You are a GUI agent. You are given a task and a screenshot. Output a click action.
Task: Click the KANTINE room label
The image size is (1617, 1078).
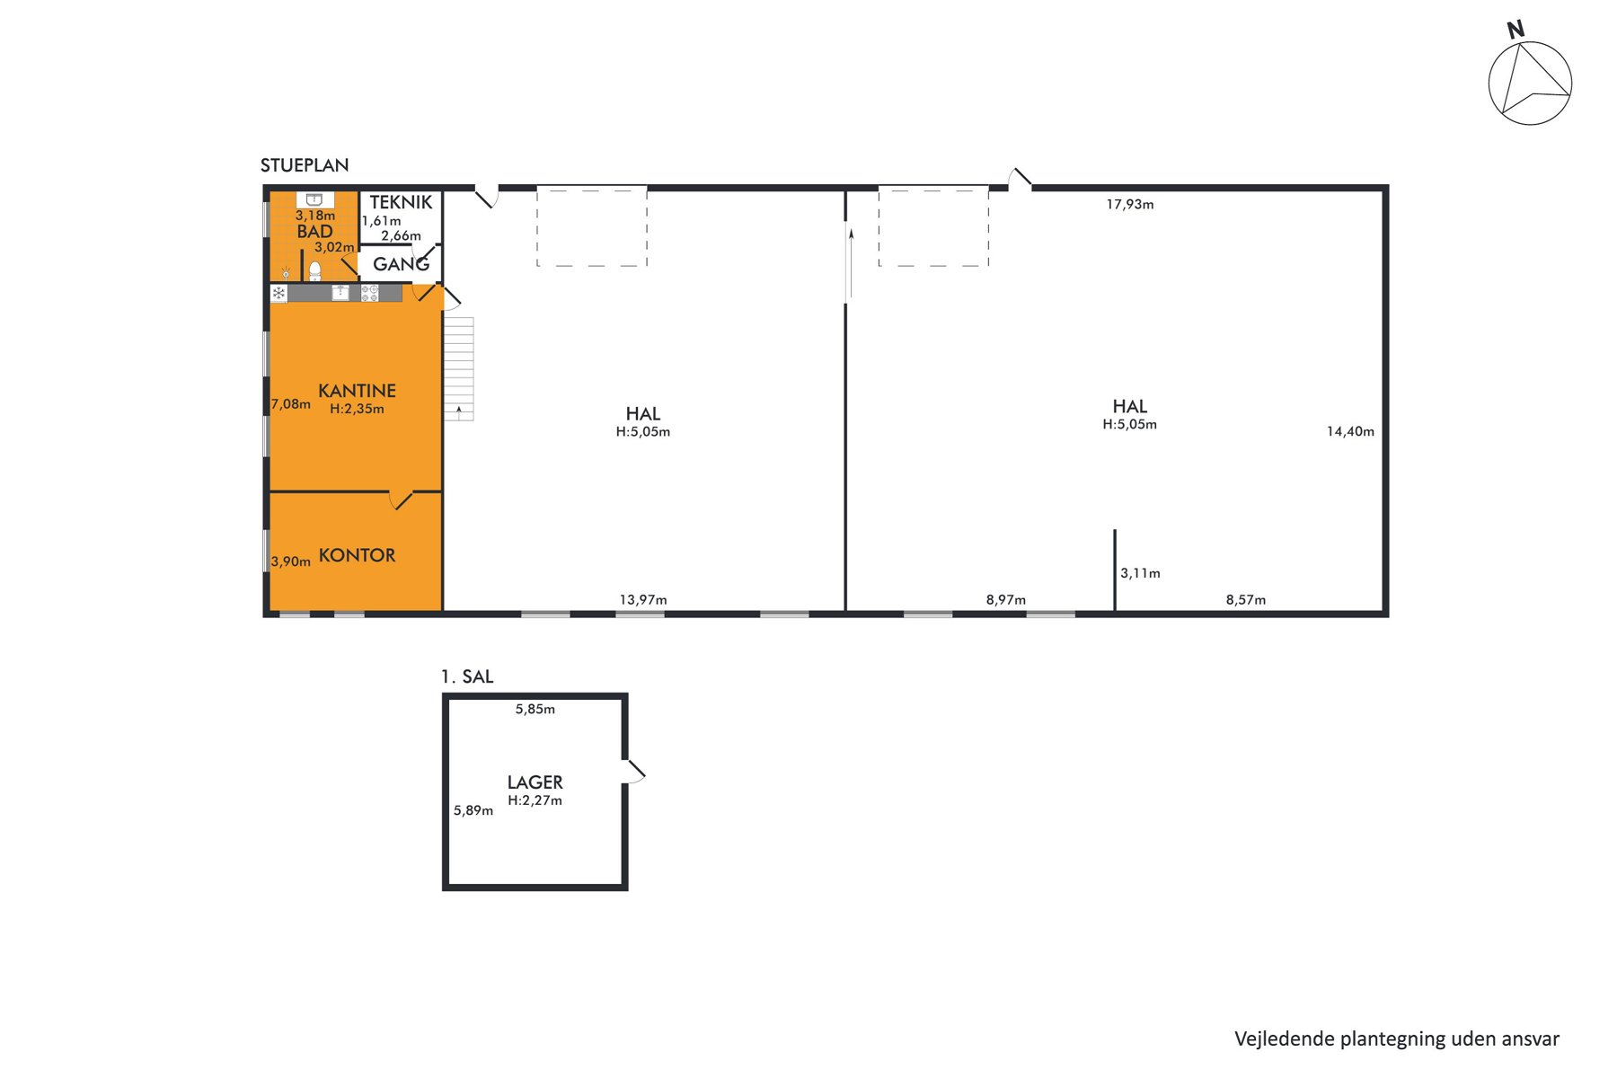pyautogui.click(x=357, y=391)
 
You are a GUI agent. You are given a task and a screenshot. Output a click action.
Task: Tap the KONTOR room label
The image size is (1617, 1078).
pyautogui.click(x=357, y=555)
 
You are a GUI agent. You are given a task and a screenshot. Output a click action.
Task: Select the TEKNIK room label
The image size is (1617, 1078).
pyautogui.click(x=401, y=202)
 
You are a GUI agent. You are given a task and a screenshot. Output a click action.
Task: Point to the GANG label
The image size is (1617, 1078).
pyautogui.click(x=401, y=264)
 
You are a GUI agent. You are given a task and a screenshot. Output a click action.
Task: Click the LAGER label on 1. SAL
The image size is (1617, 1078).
pyautogui.click(x=535, y=782)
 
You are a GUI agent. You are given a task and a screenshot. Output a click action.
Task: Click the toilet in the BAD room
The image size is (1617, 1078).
pyautogui.click(x=315, y=270)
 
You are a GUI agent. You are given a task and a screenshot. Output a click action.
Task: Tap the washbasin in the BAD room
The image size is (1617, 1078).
pyautogui.click(x=314, y=199)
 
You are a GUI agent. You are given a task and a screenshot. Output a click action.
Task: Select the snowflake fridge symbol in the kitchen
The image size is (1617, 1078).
pyautogui.click(x=278, y=293)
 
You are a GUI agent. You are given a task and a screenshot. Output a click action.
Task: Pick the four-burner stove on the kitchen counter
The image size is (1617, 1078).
pyautogui.click(x=369, y=293)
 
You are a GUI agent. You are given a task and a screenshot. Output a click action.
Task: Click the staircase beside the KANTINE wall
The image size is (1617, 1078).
pyautogui.click(x=458, y=368)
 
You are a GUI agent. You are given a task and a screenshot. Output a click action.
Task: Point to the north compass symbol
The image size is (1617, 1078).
pyautogui.click(x=1529, y=77)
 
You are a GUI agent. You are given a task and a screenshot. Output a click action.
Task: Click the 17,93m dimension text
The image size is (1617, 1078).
pyautogui.click(x=1130, y=205)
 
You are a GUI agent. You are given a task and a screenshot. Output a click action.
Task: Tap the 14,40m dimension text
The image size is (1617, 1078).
pyautogui.click(x=1350, y=431)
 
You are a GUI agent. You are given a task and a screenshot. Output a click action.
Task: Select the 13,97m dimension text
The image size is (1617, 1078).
pyautogui.click(x=643, y=600)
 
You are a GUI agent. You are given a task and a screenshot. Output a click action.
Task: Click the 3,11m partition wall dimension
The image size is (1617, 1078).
pyautogui.click(x=1140, y=573)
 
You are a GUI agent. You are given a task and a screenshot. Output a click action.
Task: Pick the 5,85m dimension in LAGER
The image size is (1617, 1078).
pyautogui.click(x=535, y=709)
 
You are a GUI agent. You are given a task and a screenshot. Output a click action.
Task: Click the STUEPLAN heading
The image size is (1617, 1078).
pyautogui.click(x=305, y=165)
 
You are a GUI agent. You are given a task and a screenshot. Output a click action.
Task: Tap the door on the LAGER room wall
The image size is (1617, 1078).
pyautogui.click(x=633, y=772)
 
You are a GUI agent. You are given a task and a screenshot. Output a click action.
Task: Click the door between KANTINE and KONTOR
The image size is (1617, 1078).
pyautogui.click(x=401, y=499)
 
